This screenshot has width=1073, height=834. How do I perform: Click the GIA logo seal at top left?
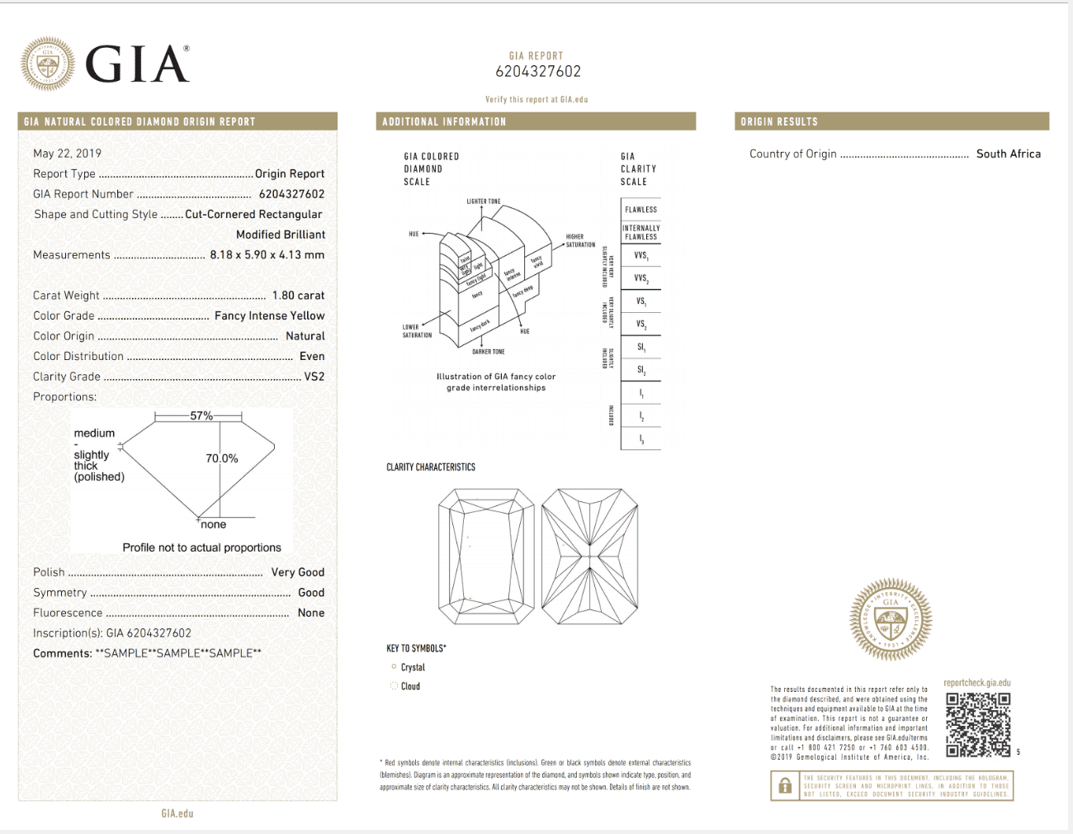tap(48, 64)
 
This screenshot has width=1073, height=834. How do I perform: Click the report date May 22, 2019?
tap(67, 154)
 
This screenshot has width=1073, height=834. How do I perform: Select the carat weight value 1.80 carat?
tap(298, 296)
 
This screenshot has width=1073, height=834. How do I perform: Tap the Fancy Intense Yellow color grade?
tap(269, 315)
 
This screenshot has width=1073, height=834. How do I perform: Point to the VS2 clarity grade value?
tap(314, 377)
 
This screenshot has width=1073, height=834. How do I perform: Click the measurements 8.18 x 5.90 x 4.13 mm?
tap(267, 255)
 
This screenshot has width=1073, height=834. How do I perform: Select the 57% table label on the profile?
tap(201, 415)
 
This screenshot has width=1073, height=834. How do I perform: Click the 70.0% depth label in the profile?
tap(222, 458)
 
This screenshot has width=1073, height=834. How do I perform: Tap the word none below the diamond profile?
tap(213, 524)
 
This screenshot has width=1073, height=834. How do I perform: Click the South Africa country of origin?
tap(1008, 154)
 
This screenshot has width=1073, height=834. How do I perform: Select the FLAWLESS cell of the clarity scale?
tap(640, 210)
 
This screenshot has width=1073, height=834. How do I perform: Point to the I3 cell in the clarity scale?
tap(640, 439)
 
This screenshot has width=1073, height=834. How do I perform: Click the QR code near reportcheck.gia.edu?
tap(977, 724)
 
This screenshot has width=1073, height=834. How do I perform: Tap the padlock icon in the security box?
tap(785, 786)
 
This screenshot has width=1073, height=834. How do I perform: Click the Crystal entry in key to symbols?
tap(413, 667)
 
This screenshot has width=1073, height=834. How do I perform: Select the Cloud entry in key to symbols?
tap(410, 686)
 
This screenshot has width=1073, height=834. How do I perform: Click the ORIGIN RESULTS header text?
tap(779, 121)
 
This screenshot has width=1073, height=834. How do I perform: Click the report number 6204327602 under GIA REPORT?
tap(537, 72)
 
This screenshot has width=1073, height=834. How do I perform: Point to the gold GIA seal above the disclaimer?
tap(891, 619)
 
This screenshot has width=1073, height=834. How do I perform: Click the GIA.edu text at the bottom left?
tap(177, 813)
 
